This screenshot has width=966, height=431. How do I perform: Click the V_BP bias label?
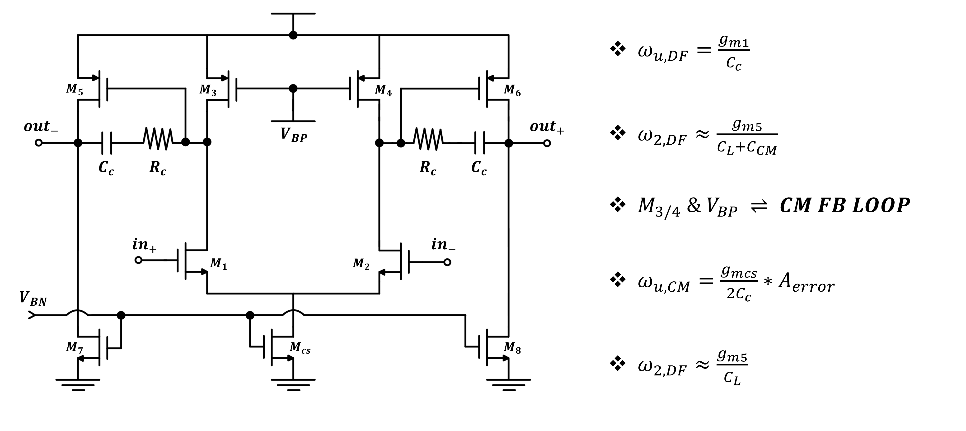pos(294,135)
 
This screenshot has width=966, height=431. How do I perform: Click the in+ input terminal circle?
pos(138,260)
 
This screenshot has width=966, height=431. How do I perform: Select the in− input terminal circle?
pos(447,262)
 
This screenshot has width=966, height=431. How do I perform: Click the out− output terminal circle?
pos(39,142)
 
